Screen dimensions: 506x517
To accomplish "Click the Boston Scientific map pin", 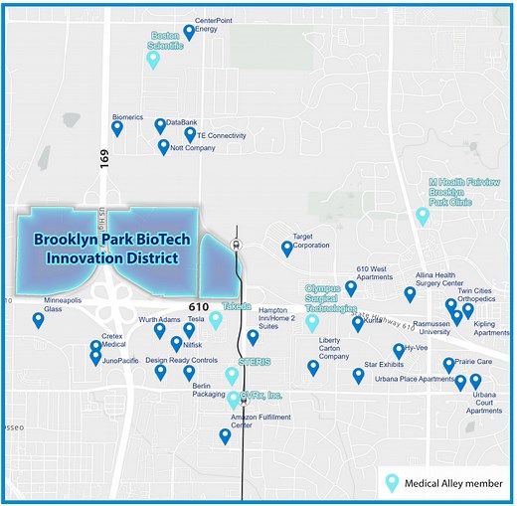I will [152, 60].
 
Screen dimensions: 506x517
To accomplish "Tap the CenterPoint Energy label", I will [207, 25].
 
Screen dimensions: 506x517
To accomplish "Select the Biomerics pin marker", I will [117, 127].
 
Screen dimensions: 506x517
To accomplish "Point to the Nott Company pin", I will [164, 146].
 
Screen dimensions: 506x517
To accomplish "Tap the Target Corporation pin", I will [287, 248].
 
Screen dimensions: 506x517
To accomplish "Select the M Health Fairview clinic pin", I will [423, 215].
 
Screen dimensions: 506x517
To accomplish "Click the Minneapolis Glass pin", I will [39, 320].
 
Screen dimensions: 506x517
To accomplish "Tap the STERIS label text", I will [255, 361].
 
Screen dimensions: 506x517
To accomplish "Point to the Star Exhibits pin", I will [358, 375].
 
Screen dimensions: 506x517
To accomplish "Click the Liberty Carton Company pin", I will [313, 367].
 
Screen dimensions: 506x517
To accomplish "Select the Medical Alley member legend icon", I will [393, 483].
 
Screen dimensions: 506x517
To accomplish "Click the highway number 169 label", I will [103, 156].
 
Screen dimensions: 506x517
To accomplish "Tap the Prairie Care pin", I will [448, 365].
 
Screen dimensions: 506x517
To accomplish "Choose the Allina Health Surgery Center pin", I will [410, 294].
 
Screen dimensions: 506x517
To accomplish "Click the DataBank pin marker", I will [160, 125].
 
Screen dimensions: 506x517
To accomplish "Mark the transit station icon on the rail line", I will [236, 243].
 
